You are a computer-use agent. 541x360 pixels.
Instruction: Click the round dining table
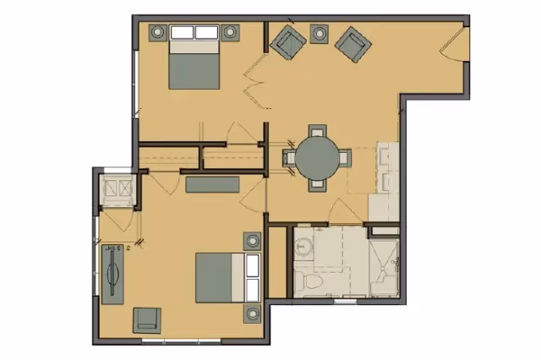point(316,157)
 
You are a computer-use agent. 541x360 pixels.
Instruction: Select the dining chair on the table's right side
point(343,157)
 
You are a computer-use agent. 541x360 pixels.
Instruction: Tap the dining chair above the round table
point(316,132)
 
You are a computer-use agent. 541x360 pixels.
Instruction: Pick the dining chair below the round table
point(316,183)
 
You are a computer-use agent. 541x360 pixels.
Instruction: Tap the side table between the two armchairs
point(319,33)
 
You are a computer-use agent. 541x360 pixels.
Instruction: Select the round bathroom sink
point(304,246)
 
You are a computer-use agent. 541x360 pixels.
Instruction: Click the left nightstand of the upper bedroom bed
point(157,33)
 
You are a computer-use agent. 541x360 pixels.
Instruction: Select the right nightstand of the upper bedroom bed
point(230,33)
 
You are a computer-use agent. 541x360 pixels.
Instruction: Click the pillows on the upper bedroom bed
point(194,34)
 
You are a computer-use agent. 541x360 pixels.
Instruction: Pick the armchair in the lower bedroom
point(147,319)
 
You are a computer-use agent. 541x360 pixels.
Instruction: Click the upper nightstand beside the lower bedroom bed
point(252,241)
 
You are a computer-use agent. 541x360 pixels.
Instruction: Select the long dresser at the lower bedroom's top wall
point(211,184)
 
